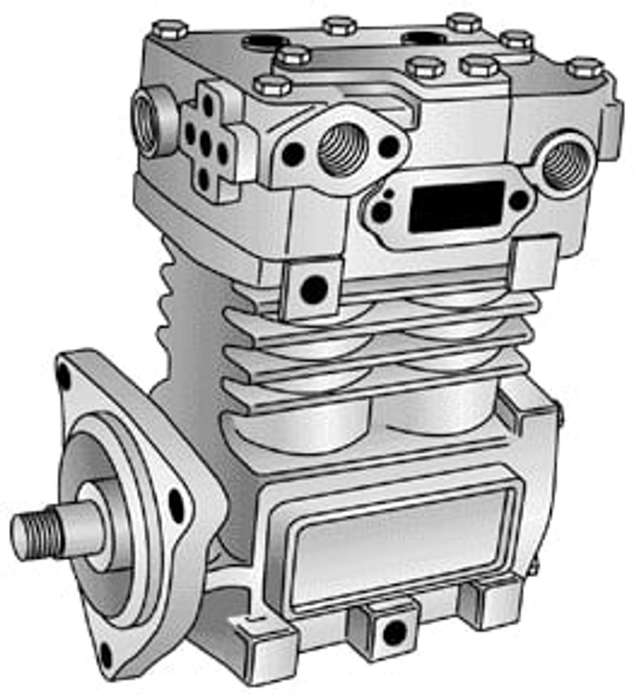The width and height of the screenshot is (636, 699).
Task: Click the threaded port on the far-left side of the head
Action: coord(146,123)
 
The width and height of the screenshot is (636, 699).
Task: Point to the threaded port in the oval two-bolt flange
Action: coord(343,149)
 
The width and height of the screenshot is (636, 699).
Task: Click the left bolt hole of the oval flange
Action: coord(293,155)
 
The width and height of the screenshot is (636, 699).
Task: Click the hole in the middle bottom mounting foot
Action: coord(394,632)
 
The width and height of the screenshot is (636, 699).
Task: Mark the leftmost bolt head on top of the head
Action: coord(170,28)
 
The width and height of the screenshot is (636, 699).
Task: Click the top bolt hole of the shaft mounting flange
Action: coord(64,376)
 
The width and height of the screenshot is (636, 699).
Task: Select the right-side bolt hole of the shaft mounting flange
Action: coord(176,503)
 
